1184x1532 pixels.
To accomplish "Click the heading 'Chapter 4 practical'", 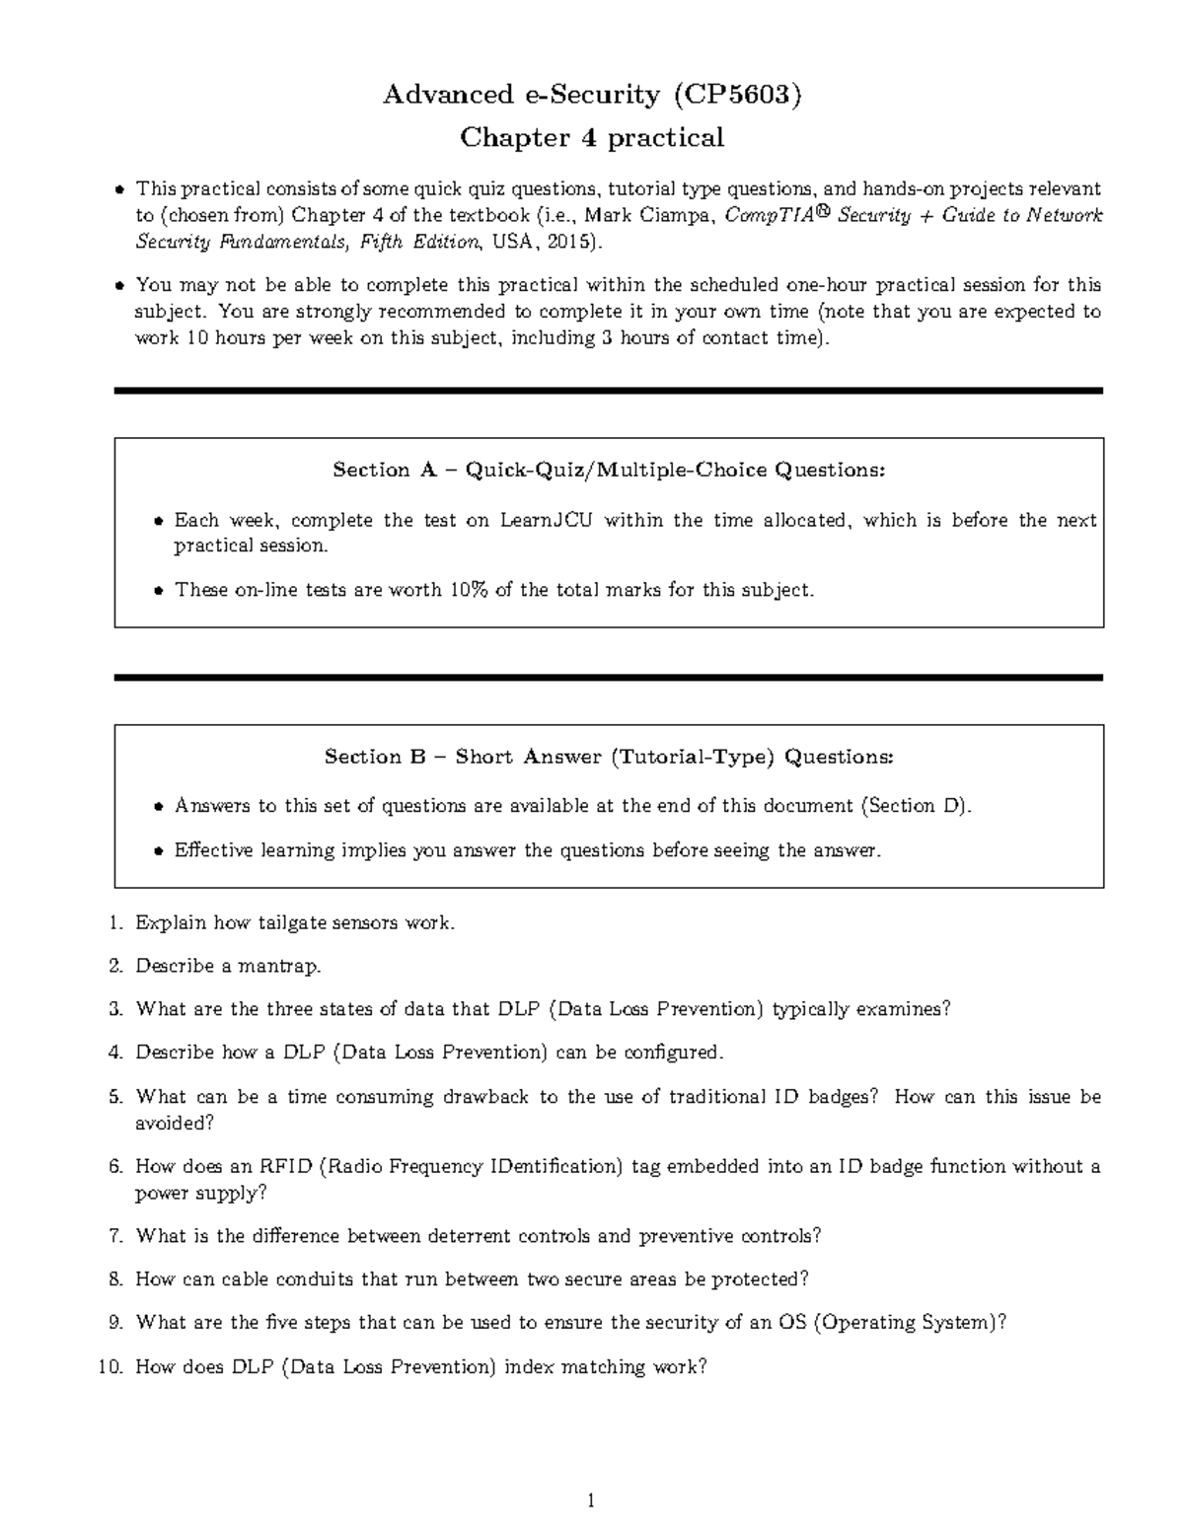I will tap(592, 137).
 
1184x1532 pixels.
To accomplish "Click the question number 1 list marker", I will tap(117, 923).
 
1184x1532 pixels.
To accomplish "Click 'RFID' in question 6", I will tap(285, 1166).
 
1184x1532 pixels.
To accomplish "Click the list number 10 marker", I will tap(112, 1367).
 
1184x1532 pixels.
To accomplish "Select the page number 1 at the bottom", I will tap(591, 1501).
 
